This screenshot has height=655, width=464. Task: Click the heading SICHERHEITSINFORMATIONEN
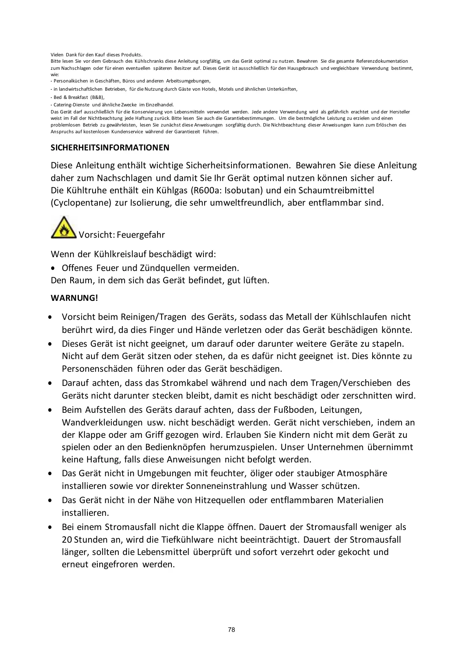[110, 148]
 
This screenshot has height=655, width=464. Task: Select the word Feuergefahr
[141, 235]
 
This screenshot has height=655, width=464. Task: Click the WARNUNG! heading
[74, 298]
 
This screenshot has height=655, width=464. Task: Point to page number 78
[231, 630]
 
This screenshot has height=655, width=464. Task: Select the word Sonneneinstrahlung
[227, 486]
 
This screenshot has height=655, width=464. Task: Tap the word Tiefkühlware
[187, 540]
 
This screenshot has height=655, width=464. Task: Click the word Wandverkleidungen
[102, 422]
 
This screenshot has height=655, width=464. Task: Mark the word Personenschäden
[97, 369]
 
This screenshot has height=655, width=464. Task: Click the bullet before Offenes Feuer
[55, 268]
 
